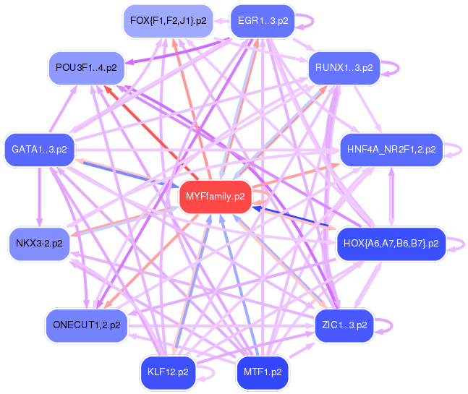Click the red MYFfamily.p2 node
pyautogui.click(x=215, y=197)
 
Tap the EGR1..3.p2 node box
pyautogui.click(x=263, y=21)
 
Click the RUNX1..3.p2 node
pyautogui.click(x=344, y=68)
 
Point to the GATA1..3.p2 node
pyautogui.click(x=39, y=150)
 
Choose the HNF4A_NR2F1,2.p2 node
pyautogui.click(x=391, y=150)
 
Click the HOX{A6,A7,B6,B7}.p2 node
pyautogui.click(x=391, y=244)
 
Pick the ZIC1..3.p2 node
pyautogui.click(x=344, y=325)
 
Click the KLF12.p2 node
pyautogui.click(x=168, y=372)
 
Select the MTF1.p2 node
pyautogui.click(x=263, y=372)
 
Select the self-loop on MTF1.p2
pyautogui.click(x=303, y=372)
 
